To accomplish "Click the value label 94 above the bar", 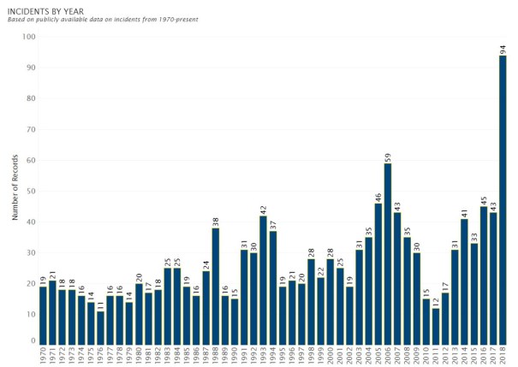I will tap(503, 48).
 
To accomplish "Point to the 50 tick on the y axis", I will tap(30, 191).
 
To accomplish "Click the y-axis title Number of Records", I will tap(14, 190).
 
